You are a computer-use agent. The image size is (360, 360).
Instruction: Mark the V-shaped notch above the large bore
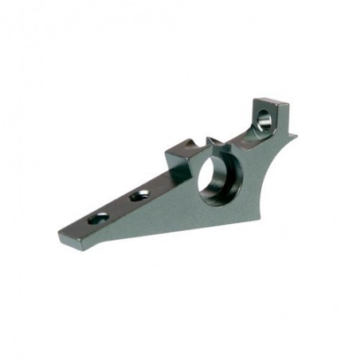213,143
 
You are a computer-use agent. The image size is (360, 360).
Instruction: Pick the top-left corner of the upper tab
254,101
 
